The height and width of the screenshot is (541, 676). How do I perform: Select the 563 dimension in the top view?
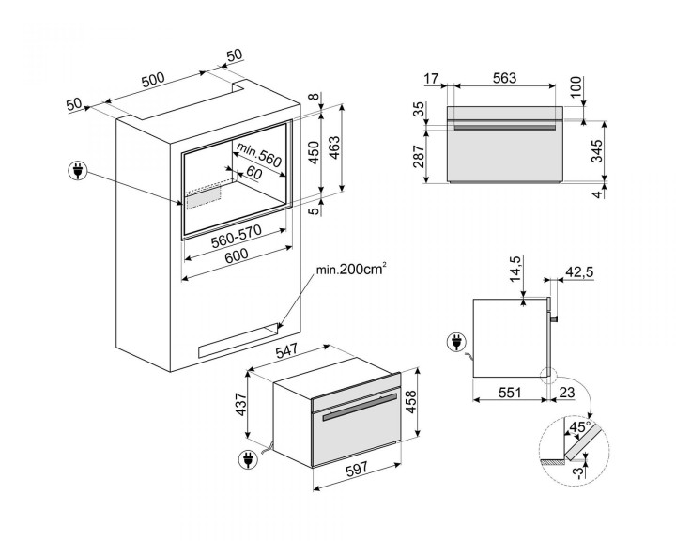tap(504, 79)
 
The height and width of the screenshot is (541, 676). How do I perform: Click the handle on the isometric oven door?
tap(357, 410)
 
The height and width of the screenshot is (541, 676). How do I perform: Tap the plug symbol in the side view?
tap(457, 344)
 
